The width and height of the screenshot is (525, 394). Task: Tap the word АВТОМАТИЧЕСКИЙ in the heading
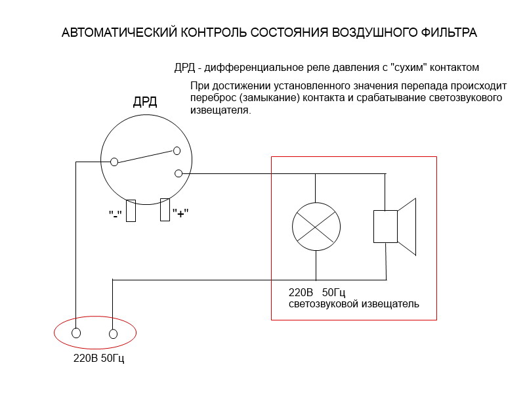[119, 32]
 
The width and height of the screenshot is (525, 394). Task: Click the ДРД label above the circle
[145, 101]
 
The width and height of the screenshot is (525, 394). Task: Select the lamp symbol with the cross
[316, 227]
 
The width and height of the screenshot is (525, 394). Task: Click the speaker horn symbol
[407, 227]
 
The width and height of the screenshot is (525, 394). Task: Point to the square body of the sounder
[385, 227]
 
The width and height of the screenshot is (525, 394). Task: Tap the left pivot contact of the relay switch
[114, 162]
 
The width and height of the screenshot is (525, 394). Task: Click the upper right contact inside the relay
[177, 151]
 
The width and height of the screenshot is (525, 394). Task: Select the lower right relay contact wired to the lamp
[178, 173]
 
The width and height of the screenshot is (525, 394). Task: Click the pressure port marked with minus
[131, 211]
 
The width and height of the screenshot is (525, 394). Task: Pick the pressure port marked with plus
[165, 210]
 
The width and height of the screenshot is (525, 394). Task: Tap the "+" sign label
[180, 213]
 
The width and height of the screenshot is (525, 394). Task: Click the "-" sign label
[115, 215]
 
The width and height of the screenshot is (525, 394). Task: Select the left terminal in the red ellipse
[76, 333]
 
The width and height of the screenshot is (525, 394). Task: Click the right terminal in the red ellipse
[113, 334]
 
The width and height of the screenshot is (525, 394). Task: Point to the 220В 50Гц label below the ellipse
[99, 358]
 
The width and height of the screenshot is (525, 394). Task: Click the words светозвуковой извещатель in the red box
[354, 304]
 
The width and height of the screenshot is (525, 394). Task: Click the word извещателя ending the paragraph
[220, 110]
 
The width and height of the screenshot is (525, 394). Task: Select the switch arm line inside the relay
[146, 157]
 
